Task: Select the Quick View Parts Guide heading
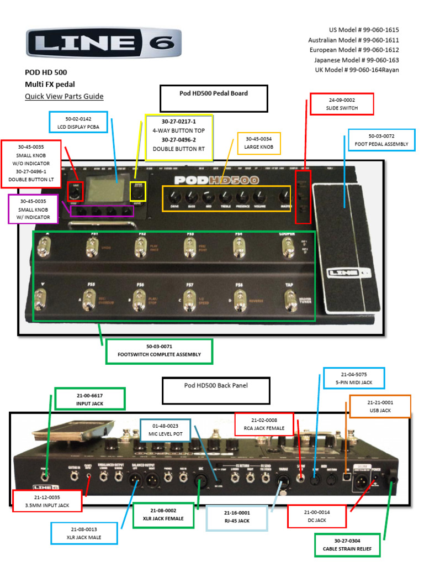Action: tap(64, 96)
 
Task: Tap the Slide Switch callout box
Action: tap(342, 104)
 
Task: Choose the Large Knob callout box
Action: tap(258, 143)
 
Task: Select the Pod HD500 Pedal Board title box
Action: tap(214, 98)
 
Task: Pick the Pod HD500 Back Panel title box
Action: tap(216, 391)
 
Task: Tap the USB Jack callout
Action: tap(380, 406)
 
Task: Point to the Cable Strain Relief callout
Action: tap(347, 545)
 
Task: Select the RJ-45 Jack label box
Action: tap(237, 516)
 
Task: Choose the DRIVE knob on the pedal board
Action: tap(174, 197)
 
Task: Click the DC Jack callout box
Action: tap(317, 516)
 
